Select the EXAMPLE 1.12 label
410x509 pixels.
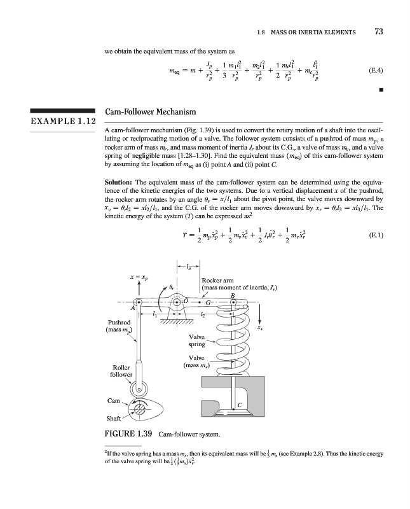coord(58,121)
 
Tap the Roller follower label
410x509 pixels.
coord(121,371)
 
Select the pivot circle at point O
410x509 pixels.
coord(178,301)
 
